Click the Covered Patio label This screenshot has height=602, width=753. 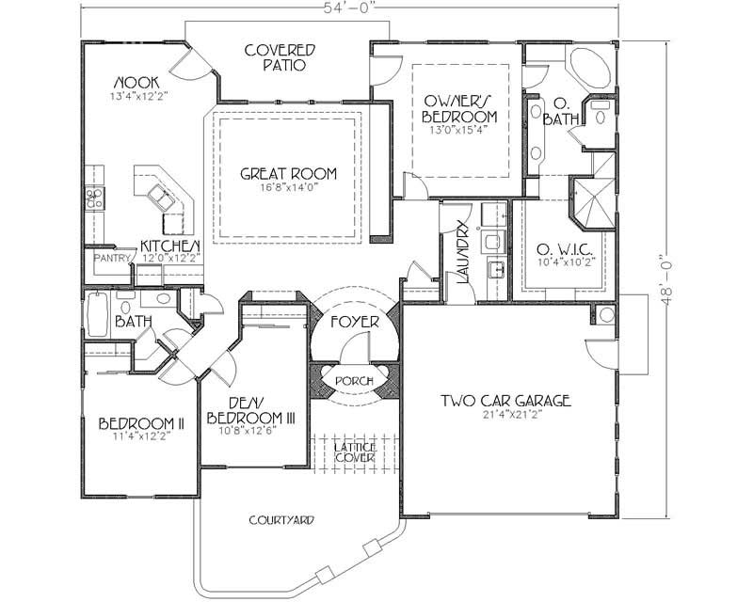280,58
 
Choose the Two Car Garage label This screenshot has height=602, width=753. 506,401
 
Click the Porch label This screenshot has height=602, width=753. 355,380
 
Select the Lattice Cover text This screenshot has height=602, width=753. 355,451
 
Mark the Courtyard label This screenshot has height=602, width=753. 281,519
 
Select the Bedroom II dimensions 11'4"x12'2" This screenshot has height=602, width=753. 141,436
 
